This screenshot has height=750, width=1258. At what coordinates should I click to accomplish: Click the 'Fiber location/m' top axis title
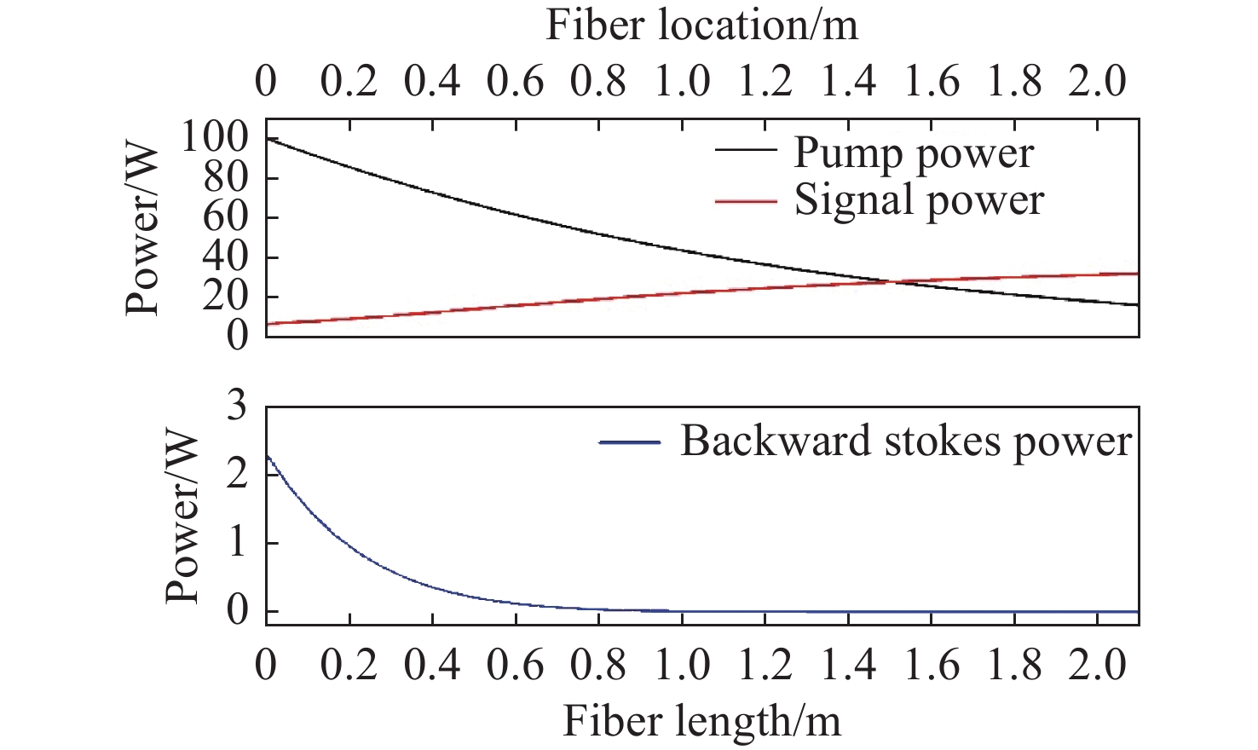click(701, 26)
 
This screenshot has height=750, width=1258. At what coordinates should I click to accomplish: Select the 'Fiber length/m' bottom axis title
click(701, 721)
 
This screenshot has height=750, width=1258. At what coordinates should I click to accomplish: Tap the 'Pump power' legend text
click(914, 154)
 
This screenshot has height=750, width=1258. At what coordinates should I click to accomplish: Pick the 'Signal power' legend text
click(919, 201)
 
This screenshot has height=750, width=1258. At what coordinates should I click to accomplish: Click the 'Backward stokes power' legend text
click(906, 441)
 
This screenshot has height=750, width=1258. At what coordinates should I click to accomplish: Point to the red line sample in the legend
click(746, 201)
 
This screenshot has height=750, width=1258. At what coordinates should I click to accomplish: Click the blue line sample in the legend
click(630, 441)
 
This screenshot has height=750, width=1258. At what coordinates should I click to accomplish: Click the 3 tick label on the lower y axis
click(236, 407)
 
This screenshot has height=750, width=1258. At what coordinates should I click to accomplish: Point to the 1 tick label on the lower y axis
click(236, 543)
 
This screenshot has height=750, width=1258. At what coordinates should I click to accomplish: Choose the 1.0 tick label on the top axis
click(682, 82)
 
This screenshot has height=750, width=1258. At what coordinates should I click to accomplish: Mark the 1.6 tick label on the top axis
click(932, 82)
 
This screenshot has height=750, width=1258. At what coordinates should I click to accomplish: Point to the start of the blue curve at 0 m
click(267, 456)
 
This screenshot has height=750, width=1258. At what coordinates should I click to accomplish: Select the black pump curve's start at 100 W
click(267, 138)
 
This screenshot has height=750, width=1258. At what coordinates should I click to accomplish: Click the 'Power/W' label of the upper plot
click(142, 230)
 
